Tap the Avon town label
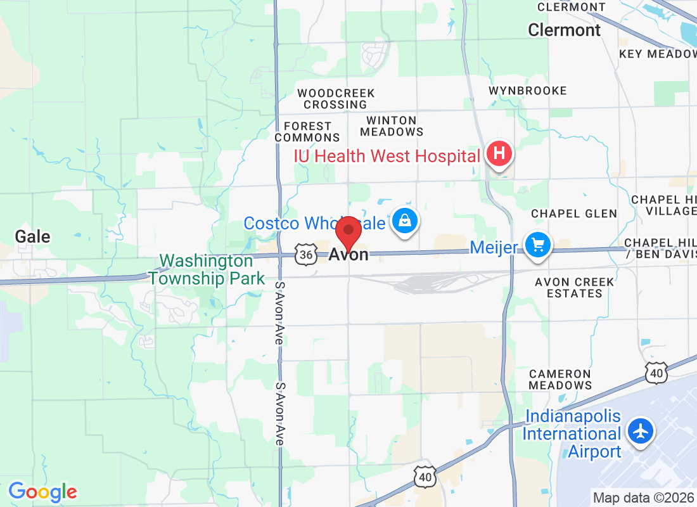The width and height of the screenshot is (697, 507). point(349,255)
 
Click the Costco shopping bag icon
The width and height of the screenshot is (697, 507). point(404,221)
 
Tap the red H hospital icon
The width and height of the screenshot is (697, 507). point(499,153)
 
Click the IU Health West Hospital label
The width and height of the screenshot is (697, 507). point(387,156)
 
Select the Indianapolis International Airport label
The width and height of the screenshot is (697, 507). point(572,434)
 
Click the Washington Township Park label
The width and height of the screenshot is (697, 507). point(207,269)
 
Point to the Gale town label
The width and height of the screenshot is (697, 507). point(32,237)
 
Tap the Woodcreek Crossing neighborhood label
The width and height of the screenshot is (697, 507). point(336,99)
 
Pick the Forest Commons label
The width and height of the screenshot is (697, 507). point(307,132)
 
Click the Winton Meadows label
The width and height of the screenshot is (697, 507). point(392,126)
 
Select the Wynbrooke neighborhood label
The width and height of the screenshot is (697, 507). point(528,91)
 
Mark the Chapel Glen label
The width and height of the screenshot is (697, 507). point(574,214)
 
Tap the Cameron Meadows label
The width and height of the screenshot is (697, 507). point(560,379)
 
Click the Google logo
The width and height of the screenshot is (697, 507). point(42,491)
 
